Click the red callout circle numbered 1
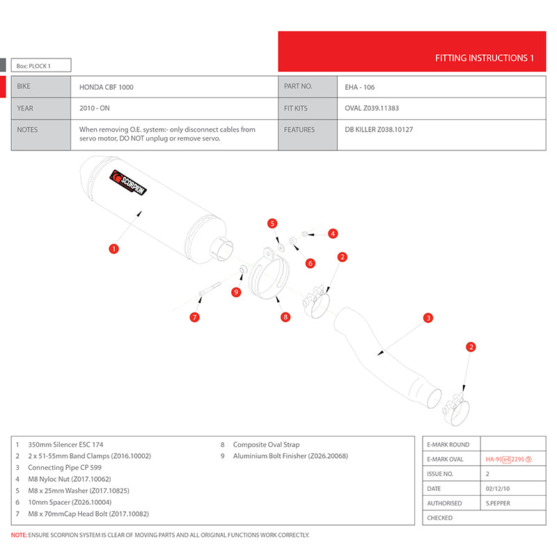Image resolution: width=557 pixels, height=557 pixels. click(113, 247)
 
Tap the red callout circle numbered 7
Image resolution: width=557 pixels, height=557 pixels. click(195, 317)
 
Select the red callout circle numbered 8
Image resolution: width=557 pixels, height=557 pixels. click(285, 317)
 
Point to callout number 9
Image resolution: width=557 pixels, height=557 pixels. click(236, 292)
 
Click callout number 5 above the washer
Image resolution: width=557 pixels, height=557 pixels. click(273, 223)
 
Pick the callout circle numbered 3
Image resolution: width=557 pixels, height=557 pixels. click(428, 318)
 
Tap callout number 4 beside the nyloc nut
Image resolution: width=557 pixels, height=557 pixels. click(333, 233)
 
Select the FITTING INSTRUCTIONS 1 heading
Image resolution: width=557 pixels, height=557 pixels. click(484, 58)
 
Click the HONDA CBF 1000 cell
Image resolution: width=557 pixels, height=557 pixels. click(107, 87)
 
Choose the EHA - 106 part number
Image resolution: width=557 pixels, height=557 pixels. click(361, 87)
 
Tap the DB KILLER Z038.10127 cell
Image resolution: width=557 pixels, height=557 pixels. click(379, 130)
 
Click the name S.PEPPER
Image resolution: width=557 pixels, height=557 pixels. click(499, 503)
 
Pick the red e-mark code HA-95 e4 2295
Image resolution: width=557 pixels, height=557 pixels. click(508, 460)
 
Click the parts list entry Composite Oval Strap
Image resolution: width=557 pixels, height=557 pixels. click(266, 444)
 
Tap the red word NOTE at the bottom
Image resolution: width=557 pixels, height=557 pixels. click(19, 535)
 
